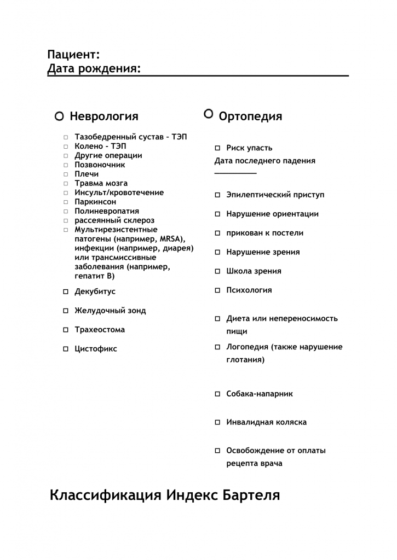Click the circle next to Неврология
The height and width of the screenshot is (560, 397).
coord(59,116)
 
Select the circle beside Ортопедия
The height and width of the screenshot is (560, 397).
coord(208,113)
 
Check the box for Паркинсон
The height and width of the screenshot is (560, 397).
coord(66,202)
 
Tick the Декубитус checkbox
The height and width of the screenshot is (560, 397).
coord(66,292)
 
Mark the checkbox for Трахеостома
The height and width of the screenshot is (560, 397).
coord(66,330)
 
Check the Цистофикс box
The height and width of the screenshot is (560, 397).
coord(66,349)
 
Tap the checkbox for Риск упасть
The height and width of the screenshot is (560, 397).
coord(217,148)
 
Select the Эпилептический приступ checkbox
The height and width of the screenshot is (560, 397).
coord(217,195)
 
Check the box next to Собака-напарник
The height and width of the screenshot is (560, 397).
coord(217,394)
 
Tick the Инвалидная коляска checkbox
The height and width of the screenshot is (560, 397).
coord(217,423)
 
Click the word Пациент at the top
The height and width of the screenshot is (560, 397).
coord(73,54)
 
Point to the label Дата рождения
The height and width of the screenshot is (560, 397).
coord(93,69)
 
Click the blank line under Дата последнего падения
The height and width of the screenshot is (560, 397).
coord(235,173)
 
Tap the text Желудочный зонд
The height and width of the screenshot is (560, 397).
coord(110,311)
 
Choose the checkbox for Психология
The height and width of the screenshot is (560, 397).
coord(217,290)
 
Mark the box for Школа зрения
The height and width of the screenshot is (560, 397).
coord(217,271)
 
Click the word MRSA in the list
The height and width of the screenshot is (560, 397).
coord(171,239)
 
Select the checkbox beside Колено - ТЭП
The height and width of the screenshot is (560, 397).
coord(66,147)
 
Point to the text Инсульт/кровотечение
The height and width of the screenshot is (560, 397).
coord(119,192)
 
